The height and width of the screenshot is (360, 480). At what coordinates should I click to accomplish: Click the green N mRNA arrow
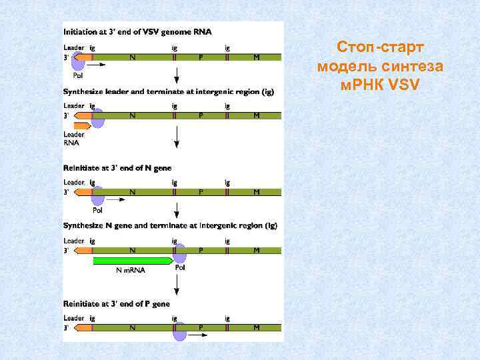132,261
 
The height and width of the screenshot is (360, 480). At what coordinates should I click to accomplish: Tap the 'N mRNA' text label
131,270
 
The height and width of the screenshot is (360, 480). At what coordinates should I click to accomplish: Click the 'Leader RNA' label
73,138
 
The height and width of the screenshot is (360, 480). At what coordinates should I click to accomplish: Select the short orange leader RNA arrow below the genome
83,125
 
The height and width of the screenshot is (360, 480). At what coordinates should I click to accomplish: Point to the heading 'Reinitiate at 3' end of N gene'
117,169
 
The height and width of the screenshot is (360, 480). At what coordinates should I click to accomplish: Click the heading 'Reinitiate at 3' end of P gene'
117,304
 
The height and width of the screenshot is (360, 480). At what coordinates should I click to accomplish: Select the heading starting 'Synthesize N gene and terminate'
170,226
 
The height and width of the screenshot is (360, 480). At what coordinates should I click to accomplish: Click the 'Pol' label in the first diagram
78,75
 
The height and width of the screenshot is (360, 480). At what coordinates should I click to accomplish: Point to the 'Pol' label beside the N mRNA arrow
180,267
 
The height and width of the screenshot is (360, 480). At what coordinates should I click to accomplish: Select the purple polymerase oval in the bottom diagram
179,331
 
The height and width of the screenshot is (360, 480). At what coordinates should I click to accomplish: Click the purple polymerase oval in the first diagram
79,61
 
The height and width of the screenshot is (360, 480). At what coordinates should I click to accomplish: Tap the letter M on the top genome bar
257,57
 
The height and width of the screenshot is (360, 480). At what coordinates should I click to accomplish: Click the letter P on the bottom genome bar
201,327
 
